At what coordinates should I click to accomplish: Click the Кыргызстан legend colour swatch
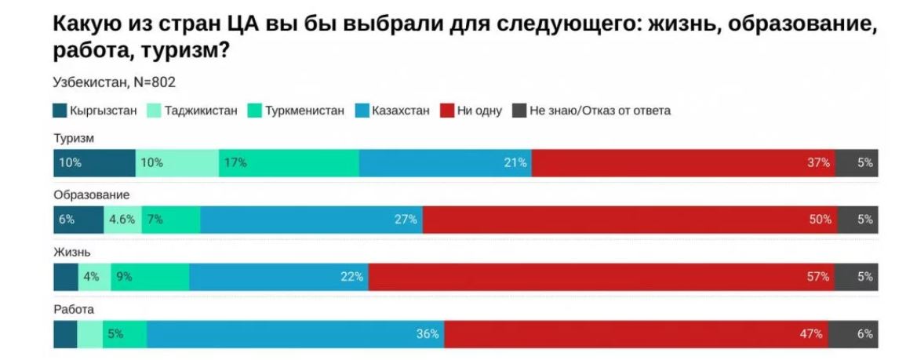pos(60,111)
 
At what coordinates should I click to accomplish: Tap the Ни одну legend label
pos(478,111)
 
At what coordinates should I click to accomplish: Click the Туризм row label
pos(73,138)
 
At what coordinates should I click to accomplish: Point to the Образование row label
pos(90,195)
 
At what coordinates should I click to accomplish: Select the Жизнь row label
pos(72,252)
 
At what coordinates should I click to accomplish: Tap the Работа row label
pos(74,309)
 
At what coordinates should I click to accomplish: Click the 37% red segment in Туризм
pos(682,163)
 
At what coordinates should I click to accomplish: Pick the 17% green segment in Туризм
pos(289,163)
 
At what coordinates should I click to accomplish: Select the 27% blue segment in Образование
pos(311,220)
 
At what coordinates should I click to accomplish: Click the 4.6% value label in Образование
pos(122,220)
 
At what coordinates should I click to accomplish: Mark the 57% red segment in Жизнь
pos(601,277)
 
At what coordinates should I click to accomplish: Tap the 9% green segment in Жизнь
pos(150,277)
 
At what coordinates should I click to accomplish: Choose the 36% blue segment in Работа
pos(295,334)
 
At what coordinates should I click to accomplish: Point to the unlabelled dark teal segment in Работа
pos(65,334)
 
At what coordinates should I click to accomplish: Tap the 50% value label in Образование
pos(820,220)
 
